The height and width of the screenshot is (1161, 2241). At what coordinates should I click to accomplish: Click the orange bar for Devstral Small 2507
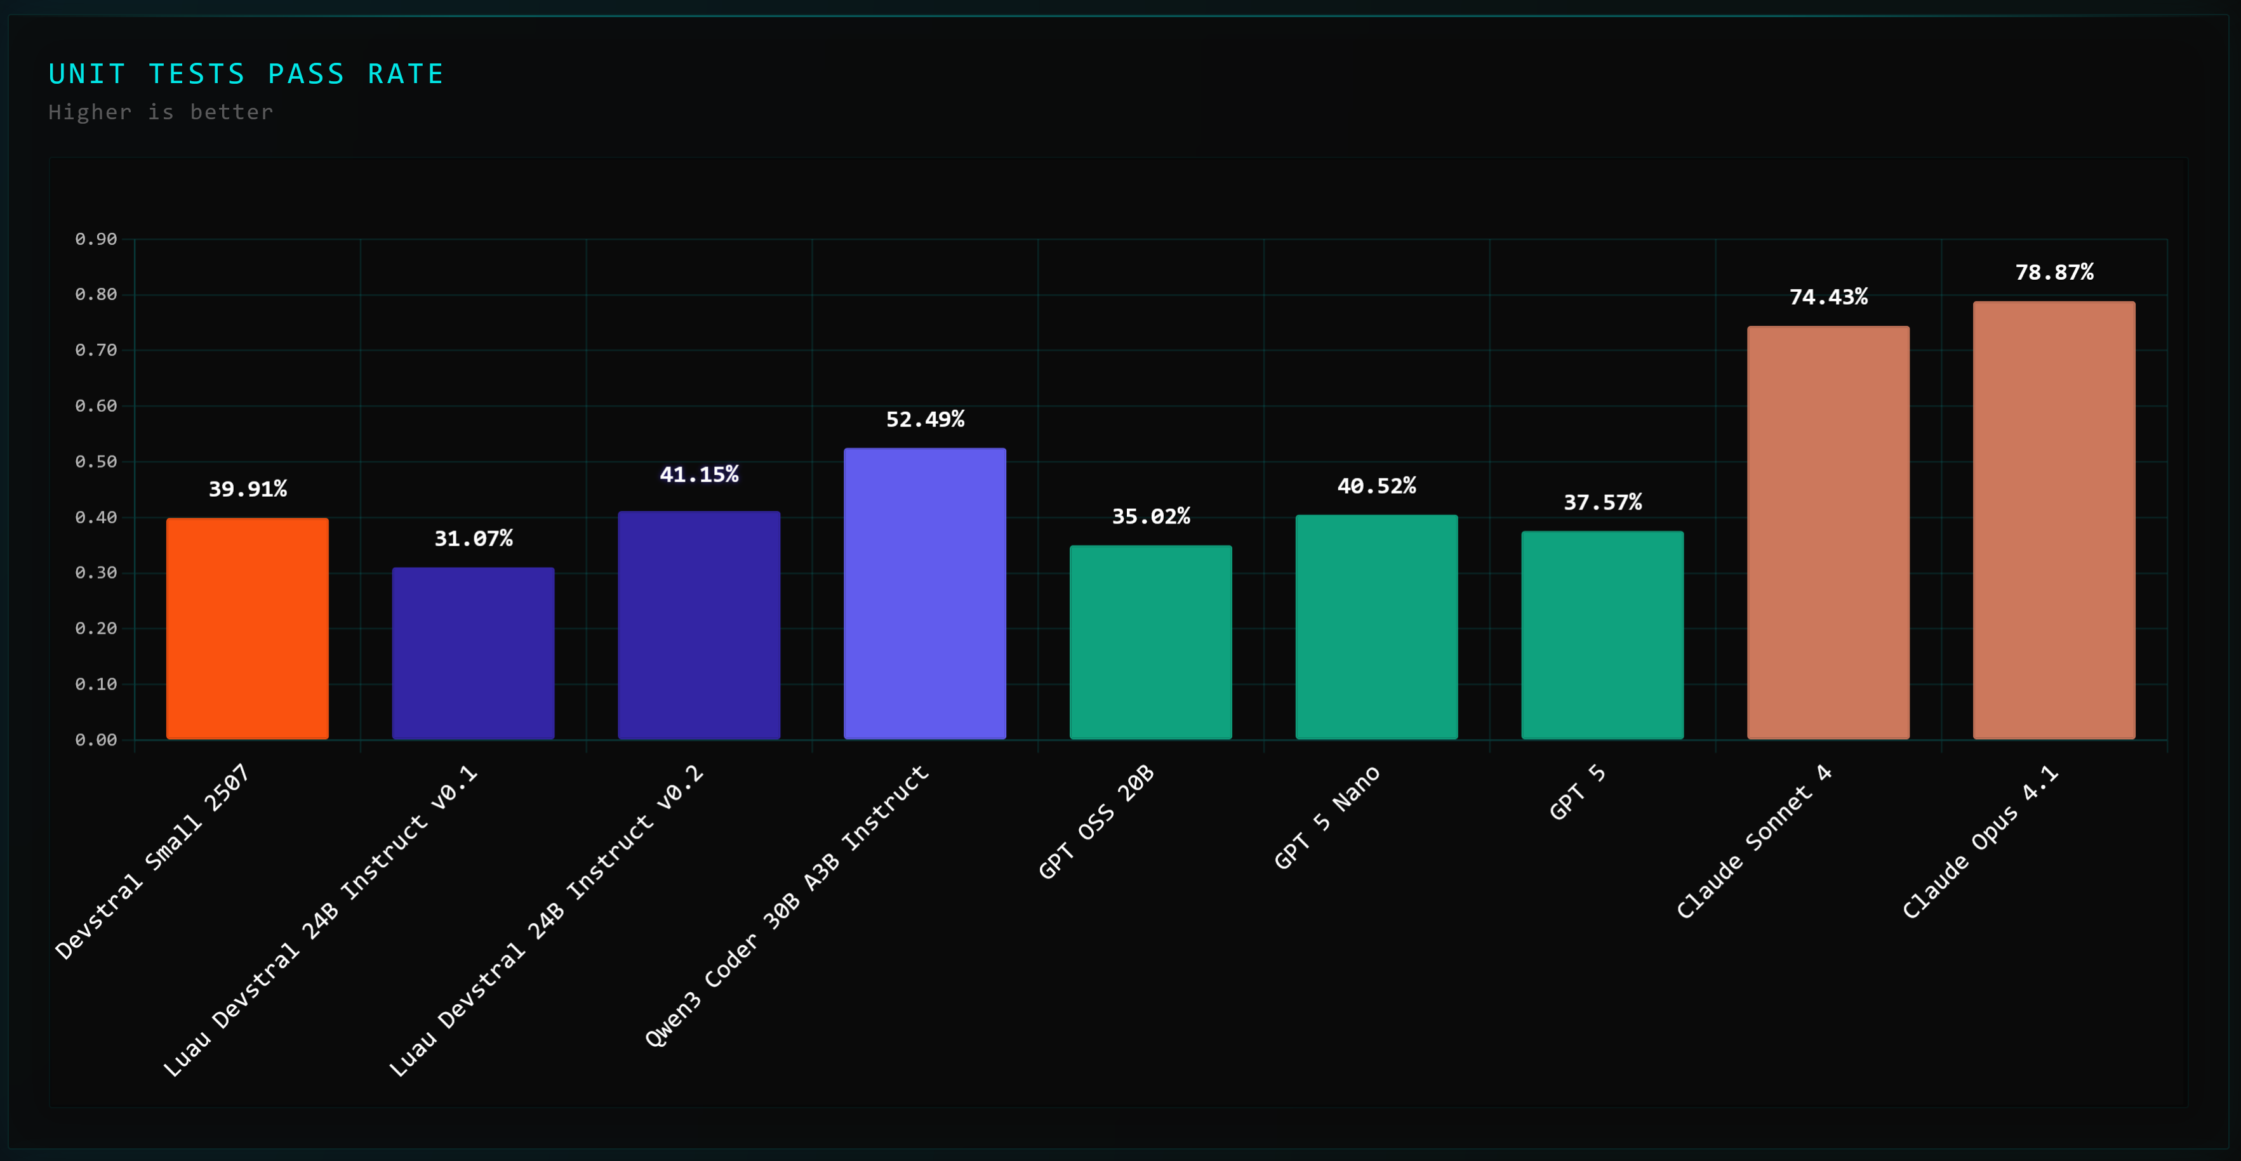pos(247,628)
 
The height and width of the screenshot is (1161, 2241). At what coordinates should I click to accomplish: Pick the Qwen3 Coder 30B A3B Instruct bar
pos(925,593)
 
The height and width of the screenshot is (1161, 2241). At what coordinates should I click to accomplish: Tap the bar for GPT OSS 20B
pos(1150,642)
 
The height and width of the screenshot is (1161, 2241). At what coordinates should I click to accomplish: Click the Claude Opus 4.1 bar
pos(2053,520)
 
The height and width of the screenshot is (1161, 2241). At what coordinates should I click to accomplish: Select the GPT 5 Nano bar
pos(1376,626)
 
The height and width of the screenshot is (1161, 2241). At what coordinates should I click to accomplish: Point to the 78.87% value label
pos(2054,272)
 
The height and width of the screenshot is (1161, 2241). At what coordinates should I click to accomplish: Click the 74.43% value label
pos(1828,298)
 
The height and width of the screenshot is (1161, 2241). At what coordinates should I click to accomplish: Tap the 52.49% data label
pos(925,419)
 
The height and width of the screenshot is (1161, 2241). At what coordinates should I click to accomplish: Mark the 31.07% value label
pos(473,539)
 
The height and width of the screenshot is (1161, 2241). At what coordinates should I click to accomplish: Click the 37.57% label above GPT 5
pos(1602,502)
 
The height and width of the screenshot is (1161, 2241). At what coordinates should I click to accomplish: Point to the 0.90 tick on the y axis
pos(96,239)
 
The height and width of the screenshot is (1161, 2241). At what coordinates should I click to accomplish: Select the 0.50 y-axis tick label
pos(96,462)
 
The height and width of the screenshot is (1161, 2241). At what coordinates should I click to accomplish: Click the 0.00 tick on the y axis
pos(96,740)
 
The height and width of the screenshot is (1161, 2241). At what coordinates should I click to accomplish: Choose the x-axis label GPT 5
pos(1576,792)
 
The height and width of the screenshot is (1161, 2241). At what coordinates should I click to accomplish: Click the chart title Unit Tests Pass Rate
pos(246,74)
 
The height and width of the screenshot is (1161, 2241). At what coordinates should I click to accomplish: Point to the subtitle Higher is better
pos(161,112)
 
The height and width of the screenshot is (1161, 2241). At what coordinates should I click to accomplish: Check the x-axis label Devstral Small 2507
pos(153,861)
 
